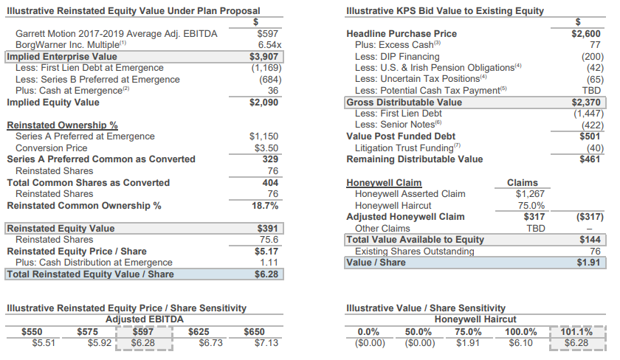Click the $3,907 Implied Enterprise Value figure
coord(263,56)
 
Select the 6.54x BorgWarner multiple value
coord(266,44)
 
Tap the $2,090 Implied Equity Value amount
coord(263,103)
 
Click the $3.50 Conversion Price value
coord(266,148)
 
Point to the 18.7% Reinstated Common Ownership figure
coord(265,205)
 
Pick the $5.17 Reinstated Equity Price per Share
coord(266,251)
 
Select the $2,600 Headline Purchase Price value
coord(587,33)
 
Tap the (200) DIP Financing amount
coord(592,56)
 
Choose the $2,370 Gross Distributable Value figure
coord(587,102)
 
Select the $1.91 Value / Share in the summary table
coord(589,263)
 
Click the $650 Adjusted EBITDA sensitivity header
coord(254,332)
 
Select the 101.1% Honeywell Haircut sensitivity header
coord(577,332)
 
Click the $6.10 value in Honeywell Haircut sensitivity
coord(521,343)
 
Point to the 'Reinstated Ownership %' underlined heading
coord(62,125)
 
